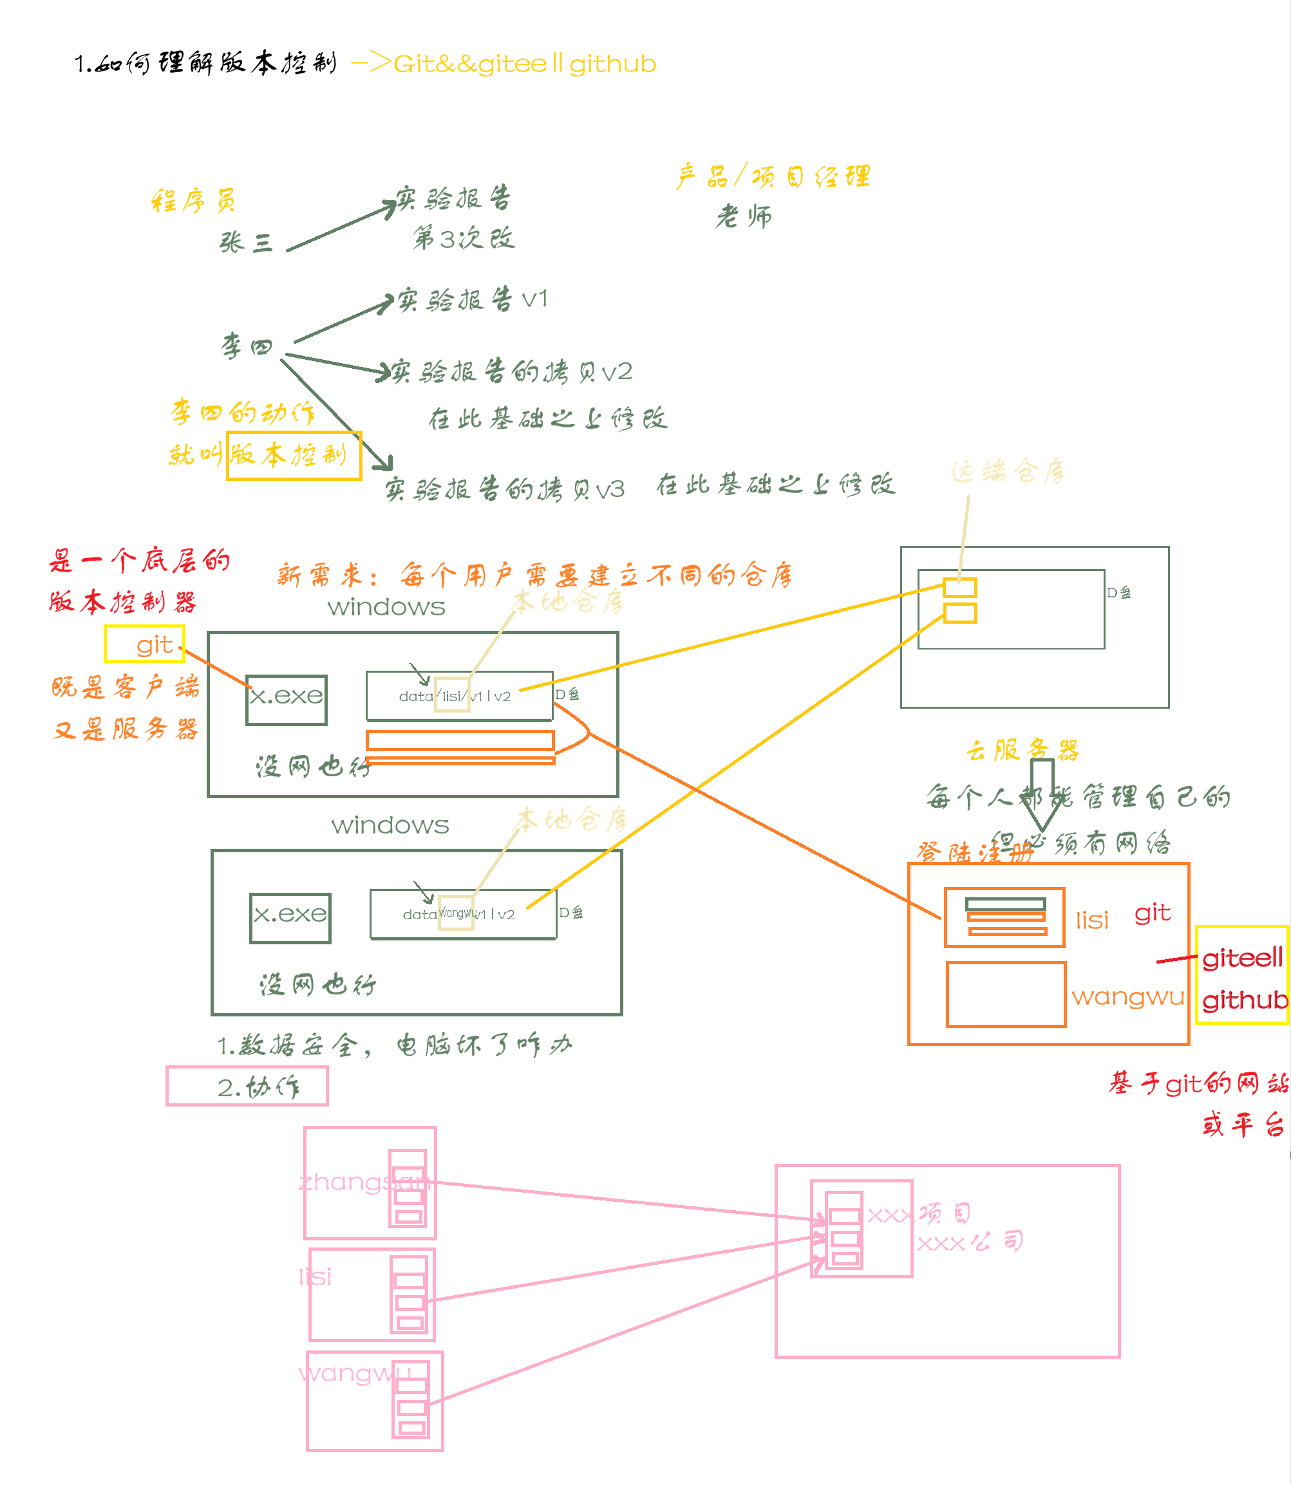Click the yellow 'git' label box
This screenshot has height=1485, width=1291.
[145, 644]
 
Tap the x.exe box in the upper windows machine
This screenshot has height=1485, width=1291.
[286, 699]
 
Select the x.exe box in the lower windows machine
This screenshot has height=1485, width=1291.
[290, 917]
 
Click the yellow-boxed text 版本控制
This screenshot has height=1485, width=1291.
[293, 455]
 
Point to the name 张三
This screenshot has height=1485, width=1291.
[246, 242]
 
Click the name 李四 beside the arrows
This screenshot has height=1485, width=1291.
[247, 346]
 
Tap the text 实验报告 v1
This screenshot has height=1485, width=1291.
[473, 299]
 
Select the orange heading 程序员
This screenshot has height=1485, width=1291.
[193, 200]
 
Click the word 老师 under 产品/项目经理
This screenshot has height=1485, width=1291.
[744, 216]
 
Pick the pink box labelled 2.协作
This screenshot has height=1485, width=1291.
[247, 1086]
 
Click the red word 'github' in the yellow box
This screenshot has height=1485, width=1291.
[1244, 1000]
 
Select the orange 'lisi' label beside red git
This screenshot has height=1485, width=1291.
[1091, 920]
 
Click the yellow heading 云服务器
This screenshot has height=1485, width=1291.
[1022, 750]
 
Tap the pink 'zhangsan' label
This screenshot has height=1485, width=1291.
[364, 1182]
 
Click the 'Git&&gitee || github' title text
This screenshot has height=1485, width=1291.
[525, 64]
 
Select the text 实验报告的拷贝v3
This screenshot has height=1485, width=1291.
[504, 490]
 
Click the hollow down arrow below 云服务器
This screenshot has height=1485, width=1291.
[1042, 796]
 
